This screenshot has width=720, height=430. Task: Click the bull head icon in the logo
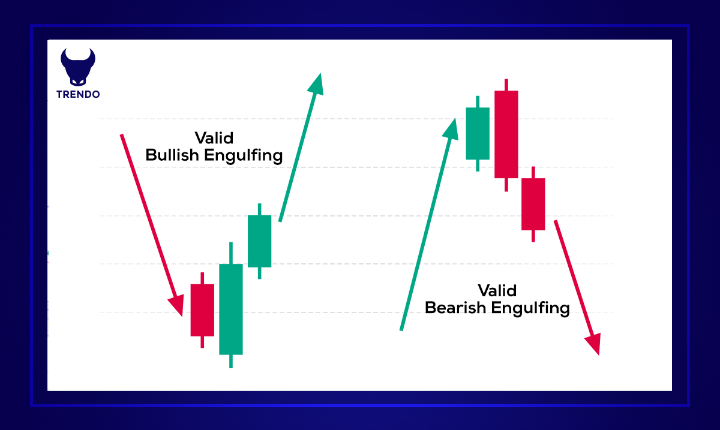[x=78, y=65]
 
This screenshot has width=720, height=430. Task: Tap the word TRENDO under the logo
[x=78, y=94]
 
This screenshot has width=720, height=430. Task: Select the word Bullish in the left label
[x=173, y=155]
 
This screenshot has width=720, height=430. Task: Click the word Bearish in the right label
[x=455, y=308]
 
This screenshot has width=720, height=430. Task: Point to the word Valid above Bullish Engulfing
[x=214, y=137]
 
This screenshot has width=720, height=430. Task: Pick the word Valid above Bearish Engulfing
[x=497, y=290]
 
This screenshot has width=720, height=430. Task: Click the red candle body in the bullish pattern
[x=202, y=309]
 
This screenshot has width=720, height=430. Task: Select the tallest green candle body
[x=230, y=309]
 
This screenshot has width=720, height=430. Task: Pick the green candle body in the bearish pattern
[x=478, y=133]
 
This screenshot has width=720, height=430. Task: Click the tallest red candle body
[x=506, y=134]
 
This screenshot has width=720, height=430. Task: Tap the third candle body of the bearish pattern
[x=533, y=204]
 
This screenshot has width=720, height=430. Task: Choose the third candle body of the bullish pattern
[x=260, y=240]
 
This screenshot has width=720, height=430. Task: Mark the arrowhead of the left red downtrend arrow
[x=178, y=305]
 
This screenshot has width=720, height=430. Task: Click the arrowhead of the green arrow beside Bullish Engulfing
[x=317, y=83]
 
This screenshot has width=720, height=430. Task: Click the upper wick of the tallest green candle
[x=230, y=252]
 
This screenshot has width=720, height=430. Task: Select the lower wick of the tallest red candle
[x=506, y=185]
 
